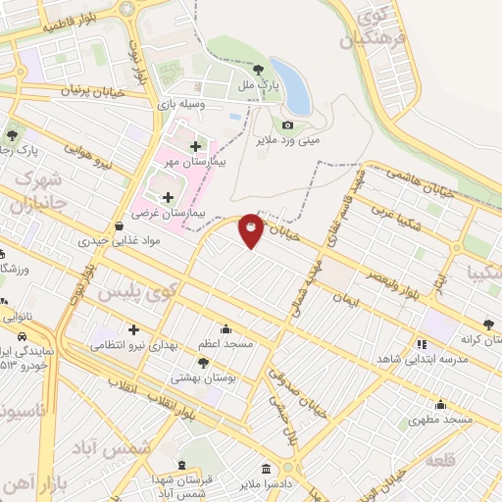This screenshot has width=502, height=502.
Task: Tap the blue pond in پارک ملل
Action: coord(292,85)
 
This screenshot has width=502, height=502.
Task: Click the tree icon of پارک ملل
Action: coord(258,70)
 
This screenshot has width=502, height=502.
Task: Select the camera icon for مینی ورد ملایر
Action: coord(287,125)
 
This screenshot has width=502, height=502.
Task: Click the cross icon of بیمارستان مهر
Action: coord(195,146)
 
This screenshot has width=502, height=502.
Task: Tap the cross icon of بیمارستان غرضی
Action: coord(168,197)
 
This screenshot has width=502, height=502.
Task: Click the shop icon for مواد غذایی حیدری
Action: coord(119,225)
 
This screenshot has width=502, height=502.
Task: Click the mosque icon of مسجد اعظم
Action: coord(226,329)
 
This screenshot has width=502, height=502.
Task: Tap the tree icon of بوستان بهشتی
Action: coord(203,363)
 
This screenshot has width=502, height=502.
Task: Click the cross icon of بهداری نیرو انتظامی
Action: coord(134,330)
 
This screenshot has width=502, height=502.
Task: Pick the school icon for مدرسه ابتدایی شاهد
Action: coord(423,344)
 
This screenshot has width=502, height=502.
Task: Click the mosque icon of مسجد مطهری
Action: coord(440,404)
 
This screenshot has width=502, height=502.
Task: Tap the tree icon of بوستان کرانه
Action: coord(487,322)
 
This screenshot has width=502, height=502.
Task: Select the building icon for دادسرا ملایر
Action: coord(267,467)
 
